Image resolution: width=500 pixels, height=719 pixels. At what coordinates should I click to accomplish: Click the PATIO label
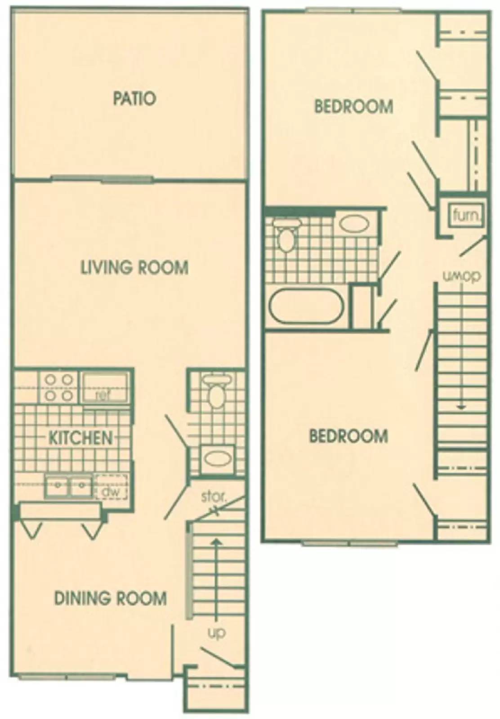134,98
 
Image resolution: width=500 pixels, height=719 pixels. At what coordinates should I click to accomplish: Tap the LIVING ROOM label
134,267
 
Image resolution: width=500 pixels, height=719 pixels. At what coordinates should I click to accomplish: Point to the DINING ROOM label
110,598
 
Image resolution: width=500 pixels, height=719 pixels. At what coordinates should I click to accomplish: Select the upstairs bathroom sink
354,223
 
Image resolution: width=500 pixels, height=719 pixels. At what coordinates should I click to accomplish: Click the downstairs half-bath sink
218,458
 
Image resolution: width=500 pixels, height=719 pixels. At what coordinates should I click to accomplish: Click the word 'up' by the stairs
216,633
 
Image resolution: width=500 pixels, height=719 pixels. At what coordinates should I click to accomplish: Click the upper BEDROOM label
353,107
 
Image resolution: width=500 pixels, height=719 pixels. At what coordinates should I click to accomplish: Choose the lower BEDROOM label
348,436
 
